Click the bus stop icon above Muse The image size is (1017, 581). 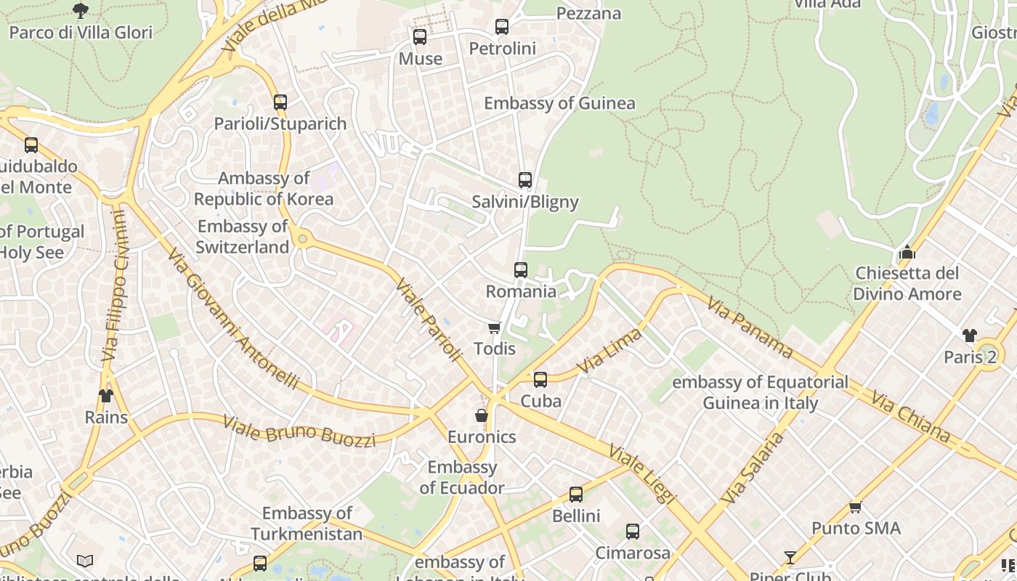pyautogui.click(x=420, y=36)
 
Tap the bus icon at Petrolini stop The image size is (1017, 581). pyautogui.click(x=502, y=27)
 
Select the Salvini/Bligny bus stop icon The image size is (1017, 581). pyautogui.click(x=525, y=180)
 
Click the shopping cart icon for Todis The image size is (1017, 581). pyautogui.click(x=495, y=328)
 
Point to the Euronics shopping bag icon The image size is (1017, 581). pyautogui.click(x=481, y=415)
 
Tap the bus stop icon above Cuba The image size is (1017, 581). pyautogui.click(x=540, y=379)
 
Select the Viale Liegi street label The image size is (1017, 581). pyautogui.click(x=643, y=474)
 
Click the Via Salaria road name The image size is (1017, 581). pyautogui.click(x=754, y=468)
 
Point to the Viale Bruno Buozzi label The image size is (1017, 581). pyautogui.click(x=299, y=431)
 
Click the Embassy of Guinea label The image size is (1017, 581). pyautogui.click(x=559, y=103)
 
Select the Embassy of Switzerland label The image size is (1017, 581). pyautogui.click(x=243, y=237)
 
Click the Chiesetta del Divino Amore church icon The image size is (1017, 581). pyautogui.click(x=907, y=253)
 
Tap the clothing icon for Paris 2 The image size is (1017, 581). pyautogui.click(x=970, y=335)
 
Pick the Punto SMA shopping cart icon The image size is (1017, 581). pyautogui.click(x=856, y=507)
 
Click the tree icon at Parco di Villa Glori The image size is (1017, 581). pyautogui.click(x=81, y=10)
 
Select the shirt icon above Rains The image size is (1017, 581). pyautogui.click(x=106, y=396)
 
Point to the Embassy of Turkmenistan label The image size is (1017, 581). pyautogui.click(x=307, y=524)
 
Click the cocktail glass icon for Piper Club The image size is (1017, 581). pyautogui.click(x=790, y=558)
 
